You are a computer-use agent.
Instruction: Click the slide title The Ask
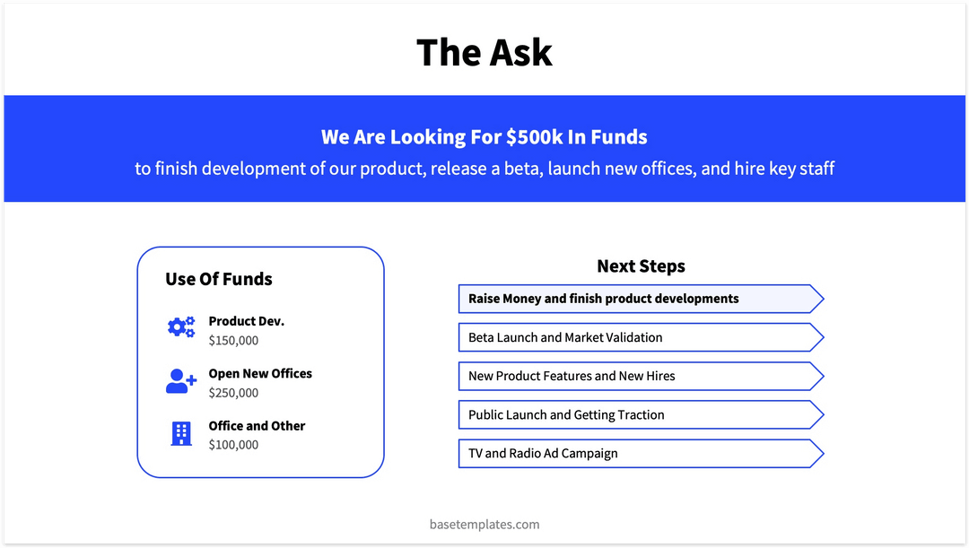(484, 53)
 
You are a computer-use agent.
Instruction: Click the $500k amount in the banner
(534, 137)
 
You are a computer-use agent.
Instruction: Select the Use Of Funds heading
(218, 279)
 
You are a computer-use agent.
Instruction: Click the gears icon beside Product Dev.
(180, 328)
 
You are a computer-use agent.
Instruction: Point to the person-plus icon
(180, 381)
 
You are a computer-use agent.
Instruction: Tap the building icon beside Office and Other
(180, 434)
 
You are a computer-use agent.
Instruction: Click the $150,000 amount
(233, 341)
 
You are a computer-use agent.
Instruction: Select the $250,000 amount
(233, 393)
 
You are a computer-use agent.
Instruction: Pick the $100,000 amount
(233, 445)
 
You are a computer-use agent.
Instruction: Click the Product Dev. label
(246, 321)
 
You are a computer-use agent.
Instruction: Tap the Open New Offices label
(260, 373)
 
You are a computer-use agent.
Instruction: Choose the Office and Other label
(257, 426)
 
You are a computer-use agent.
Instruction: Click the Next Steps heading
(641, 266)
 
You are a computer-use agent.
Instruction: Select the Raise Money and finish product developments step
(604, 299)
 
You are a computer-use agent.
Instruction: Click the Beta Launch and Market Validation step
(565, 337)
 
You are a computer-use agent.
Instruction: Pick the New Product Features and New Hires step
(572, 376)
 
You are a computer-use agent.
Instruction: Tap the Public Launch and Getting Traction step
(566, 414)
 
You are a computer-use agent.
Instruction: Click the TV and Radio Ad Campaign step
(543, 453)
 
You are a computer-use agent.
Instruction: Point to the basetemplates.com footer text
(484, 524)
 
